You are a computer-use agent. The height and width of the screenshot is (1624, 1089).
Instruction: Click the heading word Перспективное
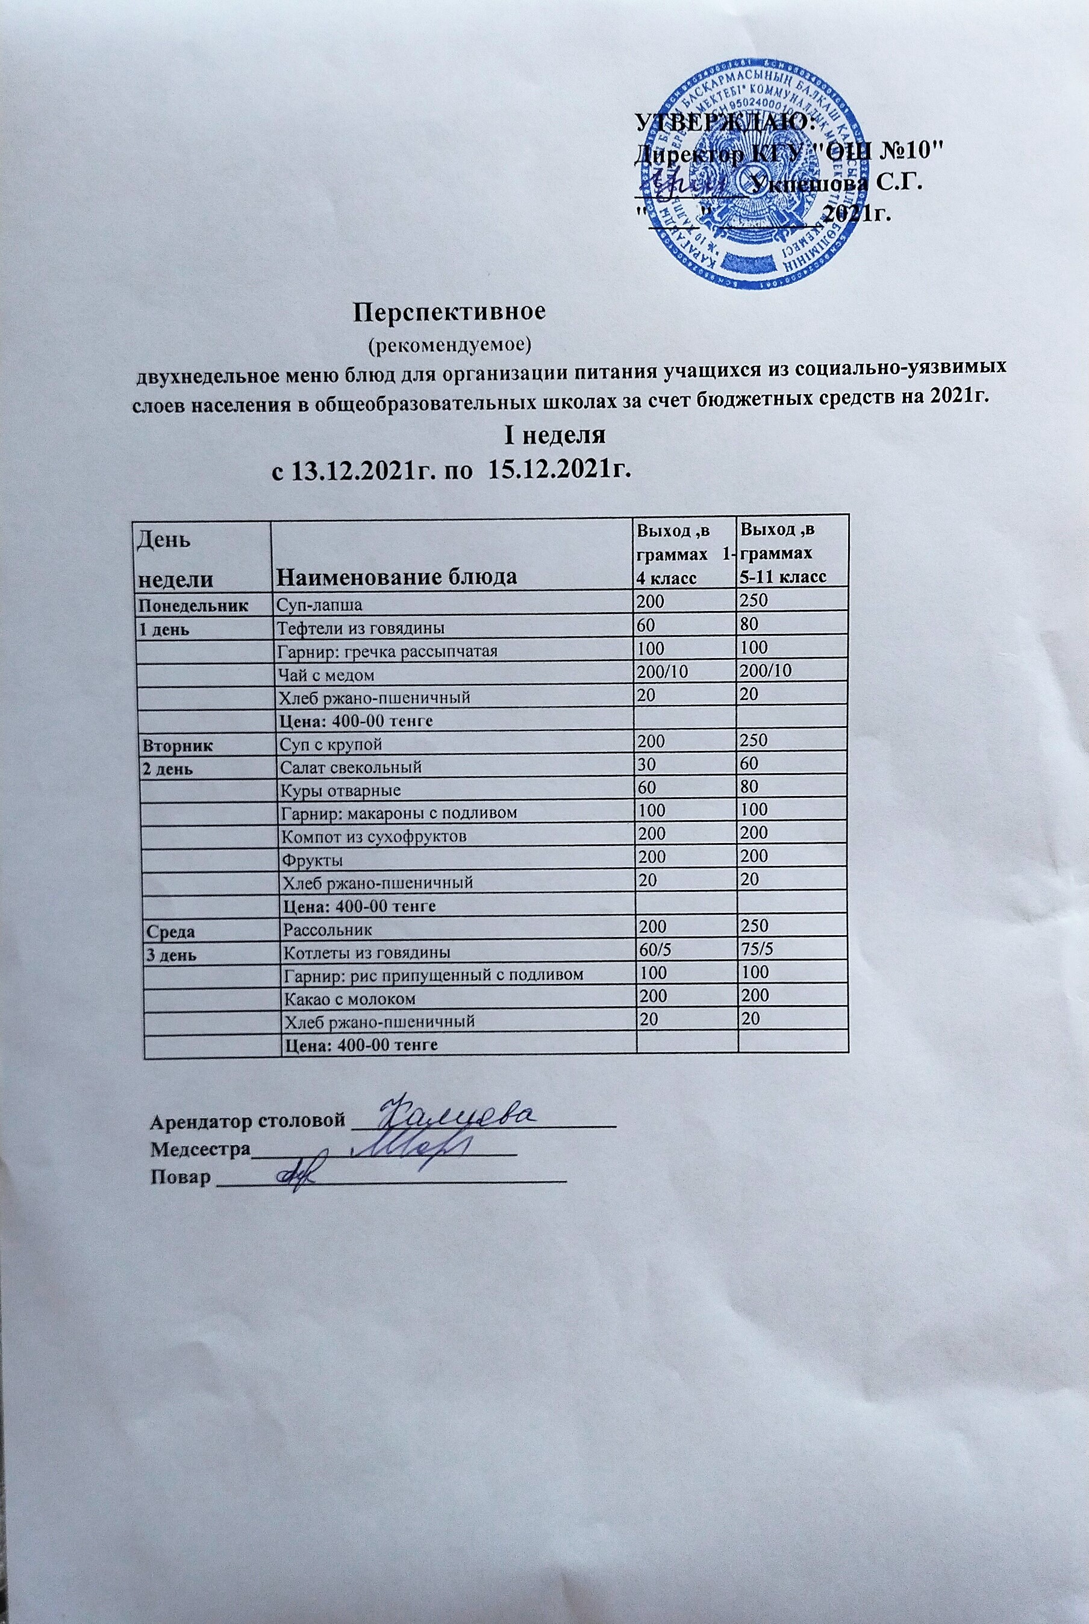coord(450,311)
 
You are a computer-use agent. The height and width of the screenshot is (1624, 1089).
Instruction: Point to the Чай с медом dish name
coord(326,674)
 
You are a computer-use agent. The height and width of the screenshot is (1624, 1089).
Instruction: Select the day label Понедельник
coord(194,604)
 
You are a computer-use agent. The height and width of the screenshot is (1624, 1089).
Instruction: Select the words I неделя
coord(554,436)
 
